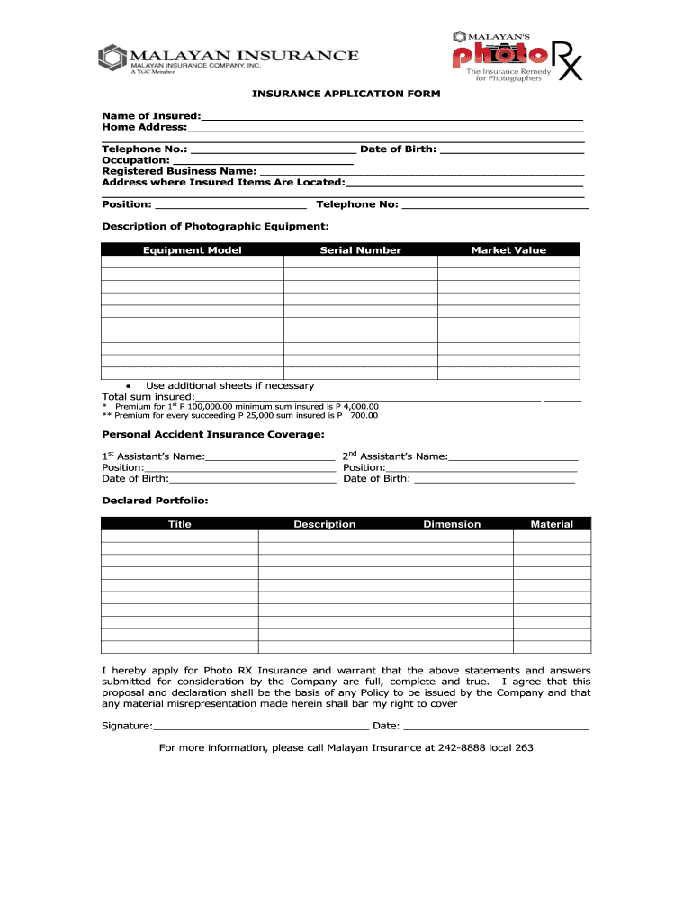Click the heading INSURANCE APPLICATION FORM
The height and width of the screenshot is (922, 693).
[346, 94]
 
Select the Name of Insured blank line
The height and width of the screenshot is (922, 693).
[391, 117]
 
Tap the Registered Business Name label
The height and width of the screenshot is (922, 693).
[179, 171]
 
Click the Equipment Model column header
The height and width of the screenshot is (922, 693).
[192, 250]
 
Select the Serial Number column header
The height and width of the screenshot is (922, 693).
[360, 250]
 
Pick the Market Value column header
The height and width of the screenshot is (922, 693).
[508, 250]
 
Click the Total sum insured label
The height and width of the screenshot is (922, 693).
[148, 397]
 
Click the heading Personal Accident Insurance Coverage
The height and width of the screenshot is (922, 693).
[212, 435]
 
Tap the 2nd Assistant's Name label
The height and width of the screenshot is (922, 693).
[395, 456]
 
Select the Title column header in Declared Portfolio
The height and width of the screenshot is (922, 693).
[180, 524]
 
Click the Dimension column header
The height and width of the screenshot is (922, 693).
[452, 524]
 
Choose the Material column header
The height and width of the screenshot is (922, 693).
[552, 524]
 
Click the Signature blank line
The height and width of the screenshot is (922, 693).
[261, 725]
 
